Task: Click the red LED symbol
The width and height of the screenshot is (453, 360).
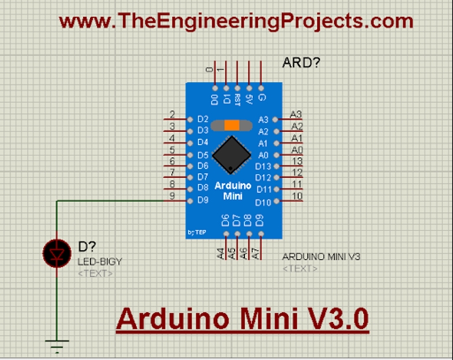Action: [57, 253]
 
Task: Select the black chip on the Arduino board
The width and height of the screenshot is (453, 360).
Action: [231, 154]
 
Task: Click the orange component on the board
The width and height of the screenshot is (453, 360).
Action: [232, 125]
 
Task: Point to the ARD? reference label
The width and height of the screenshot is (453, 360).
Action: [301, 63]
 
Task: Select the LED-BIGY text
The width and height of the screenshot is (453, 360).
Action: [100, 261]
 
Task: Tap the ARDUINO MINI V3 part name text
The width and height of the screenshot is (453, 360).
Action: [321, 257]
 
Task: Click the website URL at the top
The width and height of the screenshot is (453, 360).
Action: [236, 22]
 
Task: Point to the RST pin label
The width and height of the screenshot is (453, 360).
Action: [237, 99]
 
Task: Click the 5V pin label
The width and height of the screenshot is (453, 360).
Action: [249, 99]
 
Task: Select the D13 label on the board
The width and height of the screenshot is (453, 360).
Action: [263, 166]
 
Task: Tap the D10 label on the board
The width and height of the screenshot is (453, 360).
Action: [263, 202]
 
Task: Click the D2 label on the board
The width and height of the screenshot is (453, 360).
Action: [203, 119]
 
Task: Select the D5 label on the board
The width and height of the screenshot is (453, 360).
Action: [203, 155]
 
